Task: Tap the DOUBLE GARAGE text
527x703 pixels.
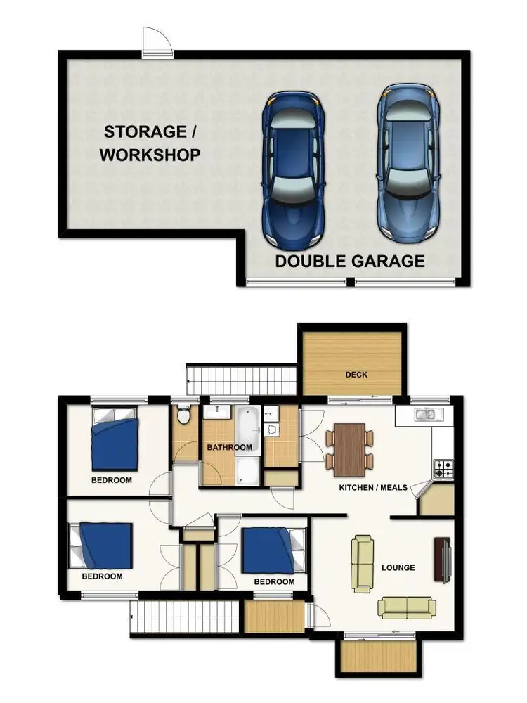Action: (x=349, y=262)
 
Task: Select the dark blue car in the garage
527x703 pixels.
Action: (x=293, y=169)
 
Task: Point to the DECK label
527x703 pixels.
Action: (x=356, y=375)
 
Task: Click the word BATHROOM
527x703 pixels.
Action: (x=229, y=447)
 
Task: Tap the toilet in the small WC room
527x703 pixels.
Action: (x=183, y=415)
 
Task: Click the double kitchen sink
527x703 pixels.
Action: (x=424, y=415)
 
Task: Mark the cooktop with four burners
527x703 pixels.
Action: (x=443, y=469)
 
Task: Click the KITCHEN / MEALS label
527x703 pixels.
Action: (x=372, y=487)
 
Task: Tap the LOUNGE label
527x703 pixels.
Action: (x=398, y=567)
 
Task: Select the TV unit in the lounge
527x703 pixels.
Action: (x=442, y=560)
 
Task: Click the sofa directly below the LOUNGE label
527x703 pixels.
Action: (x=406, y=607)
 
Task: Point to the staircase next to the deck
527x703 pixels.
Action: (x=241, y=380)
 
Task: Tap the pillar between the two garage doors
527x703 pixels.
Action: (x=349, y=282)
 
